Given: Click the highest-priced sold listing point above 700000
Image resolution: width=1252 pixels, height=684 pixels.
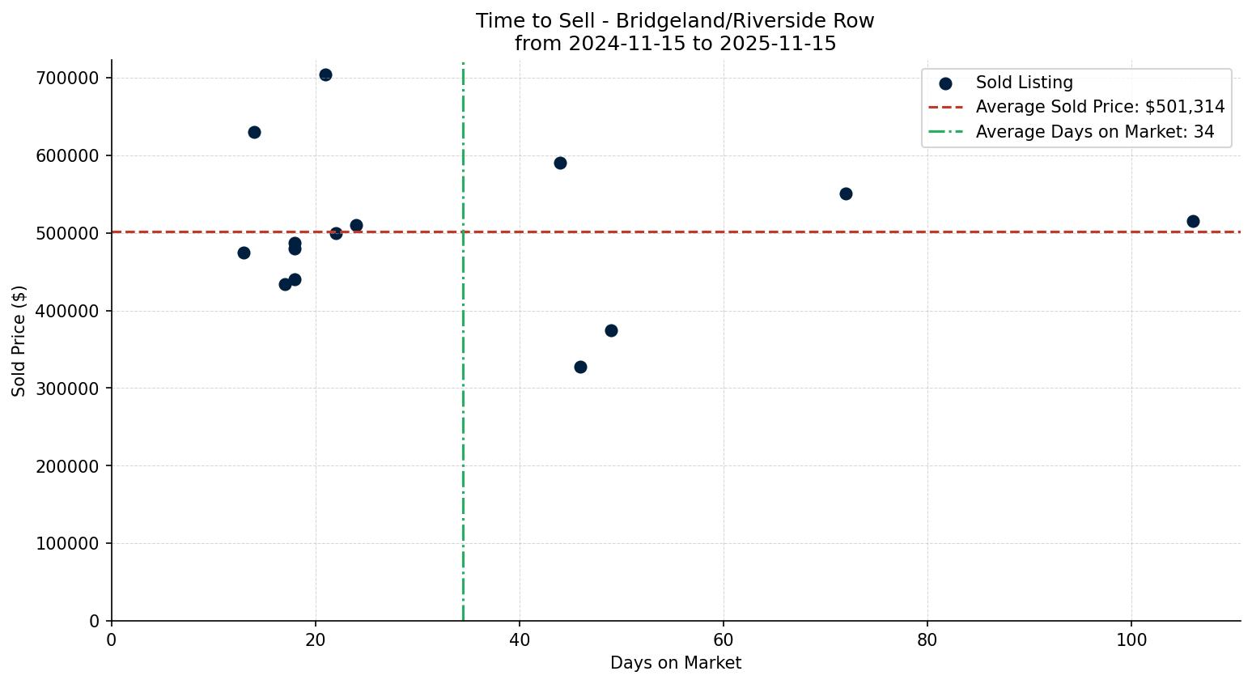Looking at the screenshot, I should coord(325,75).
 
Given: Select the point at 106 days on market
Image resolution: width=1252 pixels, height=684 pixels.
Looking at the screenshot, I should coord(1193,222).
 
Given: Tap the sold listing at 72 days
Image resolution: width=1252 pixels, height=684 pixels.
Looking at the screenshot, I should coord(846,194).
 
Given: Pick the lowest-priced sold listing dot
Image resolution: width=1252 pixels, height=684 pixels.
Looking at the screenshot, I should coord(580,367).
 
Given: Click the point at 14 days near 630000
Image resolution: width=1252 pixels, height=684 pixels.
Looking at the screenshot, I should coord(254,133).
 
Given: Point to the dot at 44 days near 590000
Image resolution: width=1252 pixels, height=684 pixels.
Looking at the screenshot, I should coord(560,164).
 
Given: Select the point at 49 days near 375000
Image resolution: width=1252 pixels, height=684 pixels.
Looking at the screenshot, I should coord(611,331).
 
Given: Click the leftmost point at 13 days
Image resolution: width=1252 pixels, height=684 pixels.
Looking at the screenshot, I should coord(244,253).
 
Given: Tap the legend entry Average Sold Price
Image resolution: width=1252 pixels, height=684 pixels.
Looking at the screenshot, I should coord(1100,107).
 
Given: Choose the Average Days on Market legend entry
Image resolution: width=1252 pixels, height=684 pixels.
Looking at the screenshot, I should coord(1094,132).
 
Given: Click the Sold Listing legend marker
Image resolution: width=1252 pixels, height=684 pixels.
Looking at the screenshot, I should coord(945,83).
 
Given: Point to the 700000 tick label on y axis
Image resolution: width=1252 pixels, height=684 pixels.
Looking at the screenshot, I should coord(67,79).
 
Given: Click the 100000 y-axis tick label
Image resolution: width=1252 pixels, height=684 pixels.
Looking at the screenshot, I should coord(67,544).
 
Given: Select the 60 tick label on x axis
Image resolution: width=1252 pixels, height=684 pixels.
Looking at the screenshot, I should coord(724,640).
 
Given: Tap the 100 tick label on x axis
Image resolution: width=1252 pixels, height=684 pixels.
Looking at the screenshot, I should coord(1131,640).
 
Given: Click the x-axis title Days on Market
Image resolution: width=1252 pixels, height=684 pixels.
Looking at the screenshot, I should coord(676,663).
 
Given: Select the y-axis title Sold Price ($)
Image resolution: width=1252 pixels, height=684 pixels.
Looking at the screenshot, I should coord(19,341).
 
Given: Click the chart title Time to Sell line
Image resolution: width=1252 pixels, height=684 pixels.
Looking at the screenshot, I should coord(675,21).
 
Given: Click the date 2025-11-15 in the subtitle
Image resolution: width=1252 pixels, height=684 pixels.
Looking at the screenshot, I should coord(778,44).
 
